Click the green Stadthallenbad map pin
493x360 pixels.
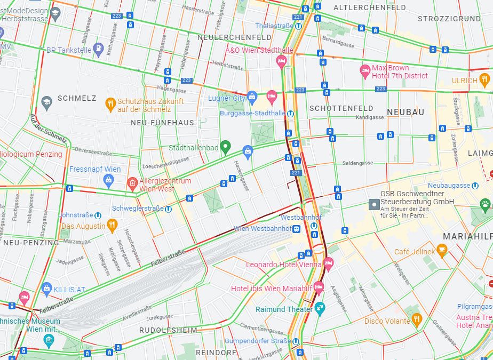[x=225, y=146]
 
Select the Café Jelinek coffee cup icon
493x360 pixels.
[x=441, y=250]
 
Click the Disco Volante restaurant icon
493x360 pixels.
[x=417, y=319]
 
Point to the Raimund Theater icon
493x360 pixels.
[x=320, y=308]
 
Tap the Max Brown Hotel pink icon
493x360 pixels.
[x=365, y=70]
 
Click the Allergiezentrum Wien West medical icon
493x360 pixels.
[x=132, y=185]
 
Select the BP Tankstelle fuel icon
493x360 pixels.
[x=98, y=50]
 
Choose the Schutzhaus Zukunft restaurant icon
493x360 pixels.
[x=110, y=104]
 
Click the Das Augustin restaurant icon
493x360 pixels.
[x=112, y=226]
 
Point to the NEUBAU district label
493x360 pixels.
[x=405, y=112]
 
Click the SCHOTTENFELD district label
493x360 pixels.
[x=341, y=108]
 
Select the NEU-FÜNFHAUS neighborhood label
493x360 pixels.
[x=162, y=123]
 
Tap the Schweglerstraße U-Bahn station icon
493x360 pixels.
[x=168, y=209]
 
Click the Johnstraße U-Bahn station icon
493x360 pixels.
[x=98, y=215]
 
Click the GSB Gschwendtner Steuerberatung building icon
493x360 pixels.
[x=374, y=204]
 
